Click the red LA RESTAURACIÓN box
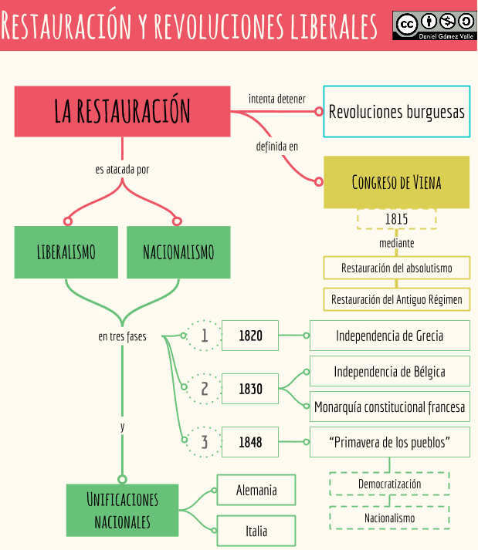pos(122,111)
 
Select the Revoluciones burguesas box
pos(396,111)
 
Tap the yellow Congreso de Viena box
pos(396,182)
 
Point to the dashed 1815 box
pos(396,219)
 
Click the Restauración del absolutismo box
pos(396,268)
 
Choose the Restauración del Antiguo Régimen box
pos(396,299)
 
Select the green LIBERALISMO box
pos(66,252)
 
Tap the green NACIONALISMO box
pos(178,252)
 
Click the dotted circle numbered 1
pos(205,336)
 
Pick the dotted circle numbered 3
pos(205,442)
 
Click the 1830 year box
pos(250,389)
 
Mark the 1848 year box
pos(250,442)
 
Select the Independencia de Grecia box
pos(389,336)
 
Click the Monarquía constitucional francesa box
pos(389,406)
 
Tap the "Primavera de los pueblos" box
pos(389,442)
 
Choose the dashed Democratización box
pos(389,484)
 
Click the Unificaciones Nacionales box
pos(122,510)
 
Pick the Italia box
pos(256,531)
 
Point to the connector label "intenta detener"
pos(276,99)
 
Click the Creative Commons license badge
pos(435,25)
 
